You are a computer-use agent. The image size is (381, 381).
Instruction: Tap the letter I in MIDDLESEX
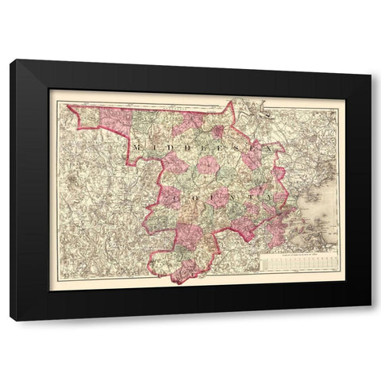click(153, 147)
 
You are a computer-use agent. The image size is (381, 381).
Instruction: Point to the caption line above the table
click(298, 253)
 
